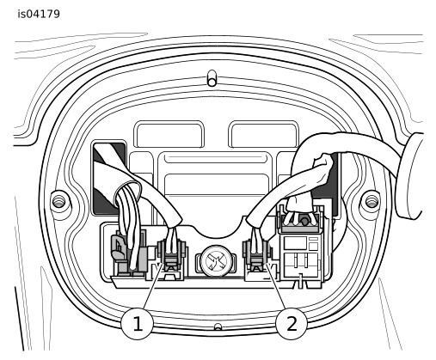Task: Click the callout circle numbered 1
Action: tap(137, 324)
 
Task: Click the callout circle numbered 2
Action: tap(292, 324)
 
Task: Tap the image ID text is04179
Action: tap(39, 14)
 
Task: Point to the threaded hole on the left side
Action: tap(58, 201)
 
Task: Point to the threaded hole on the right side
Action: tap(372, 200)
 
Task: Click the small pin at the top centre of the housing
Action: tap(212, 78)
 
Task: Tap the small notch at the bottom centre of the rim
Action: tap(218, 326)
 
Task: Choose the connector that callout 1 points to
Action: tap(171, 257)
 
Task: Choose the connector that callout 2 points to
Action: tap(257, 257)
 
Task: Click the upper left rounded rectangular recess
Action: tap(169, 134)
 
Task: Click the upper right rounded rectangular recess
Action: tap(264, 134)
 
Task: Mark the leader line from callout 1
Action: tap(154, 287)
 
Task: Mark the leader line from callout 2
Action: tap(276, 287)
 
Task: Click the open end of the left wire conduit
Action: tap(127, 192)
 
